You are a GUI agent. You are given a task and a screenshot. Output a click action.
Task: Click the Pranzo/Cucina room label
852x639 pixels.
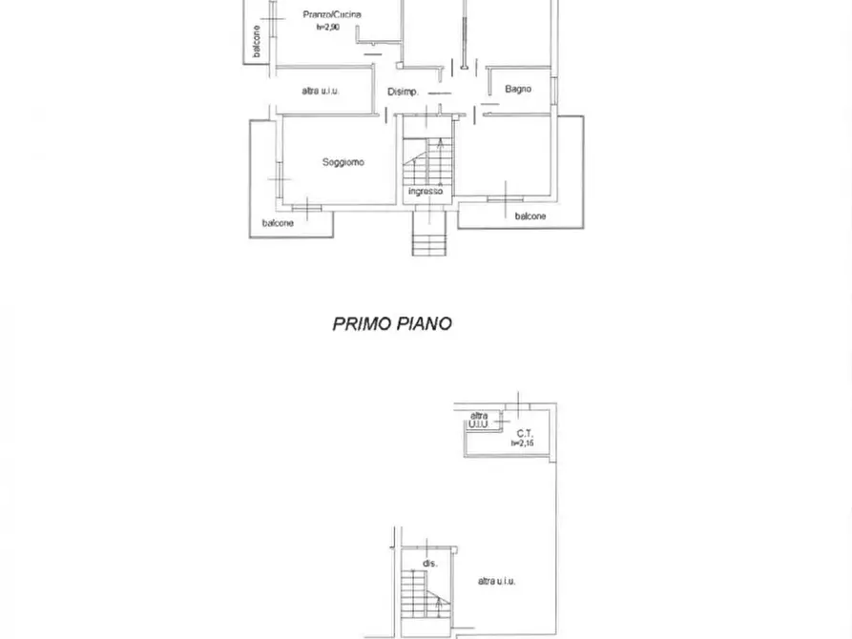pos(331,14)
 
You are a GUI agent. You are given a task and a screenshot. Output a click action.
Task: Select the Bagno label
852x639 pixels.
pos(518,89)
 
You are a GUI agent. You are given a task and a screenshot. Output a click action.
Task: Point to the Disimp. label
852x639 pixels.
pos(403,92)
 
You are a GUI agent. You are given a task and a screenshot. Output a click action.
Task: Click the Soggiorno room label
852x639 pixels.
pos(343,162)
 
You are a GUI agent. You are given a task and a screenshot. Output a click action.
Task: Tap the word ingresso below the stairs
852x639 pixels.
pos(426,192)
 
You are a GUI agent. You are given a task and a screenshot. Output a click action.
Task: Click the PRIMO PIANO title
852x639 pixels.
pos(392,324)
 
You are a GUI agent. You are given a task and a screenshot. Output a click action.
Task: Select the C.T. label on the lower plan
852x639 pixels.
pos(525,434)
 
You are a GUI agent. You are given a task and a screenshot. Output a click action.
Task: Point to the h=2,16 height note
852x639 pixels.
pos(522,443)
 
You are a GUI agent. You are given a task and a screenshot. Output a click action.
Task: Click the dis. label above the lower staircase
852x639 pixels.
pos(430,564)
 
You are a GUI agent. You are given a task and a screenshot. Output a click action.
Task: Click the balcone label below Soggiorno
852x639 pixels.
pos(278,223)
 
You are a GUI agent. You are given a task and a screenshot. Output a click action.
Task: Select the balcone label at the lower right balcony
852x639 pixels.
pos(530,216)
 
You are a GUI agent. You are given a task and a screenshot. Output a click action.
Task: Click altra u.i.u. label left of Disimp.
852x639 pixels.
pos(321,92)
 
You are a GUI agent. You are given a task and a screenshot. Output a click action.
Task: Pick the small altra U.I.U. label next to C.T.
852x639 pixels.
pos(479,421)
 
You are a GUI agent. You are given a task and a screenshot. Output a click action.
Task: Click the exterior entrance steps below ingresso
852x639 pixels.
pos(428,234)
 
